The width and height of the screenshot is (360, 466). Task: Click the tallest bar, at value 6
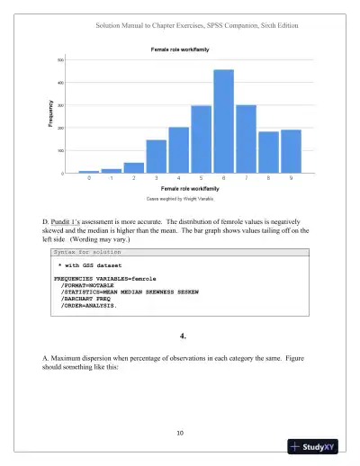click(x=223, y=121)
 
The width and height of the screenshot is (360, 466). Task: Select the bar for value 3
click(x=156, y=157)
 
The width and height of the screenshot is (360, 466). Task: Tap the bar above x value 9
click(x=291, y=151)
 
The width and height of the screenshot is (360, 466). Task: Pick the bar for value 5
click(x=201, y=139)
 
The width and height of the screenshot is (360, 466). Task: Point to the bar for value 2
click(x=133, y=168)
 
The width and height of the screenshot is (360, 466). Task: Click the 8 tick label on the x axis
click(x=268, y=179)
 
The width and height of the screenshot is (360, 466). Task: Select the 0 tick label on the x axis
click(x=88, y=179)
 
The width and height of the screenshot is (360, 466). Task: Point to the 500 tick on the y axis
click(x=61, y=60)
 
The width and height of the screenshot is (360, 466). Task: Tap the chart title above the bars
click(x=180, y=49)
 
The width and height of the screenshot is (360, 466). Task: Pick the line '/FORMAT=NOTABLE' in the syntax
click(x=87, y=286)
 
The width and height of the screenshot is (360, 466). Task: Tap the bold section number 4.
click(x=181, y=336)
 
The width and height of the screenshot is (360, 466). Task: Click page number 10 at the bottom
click(x=180, y=434)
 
